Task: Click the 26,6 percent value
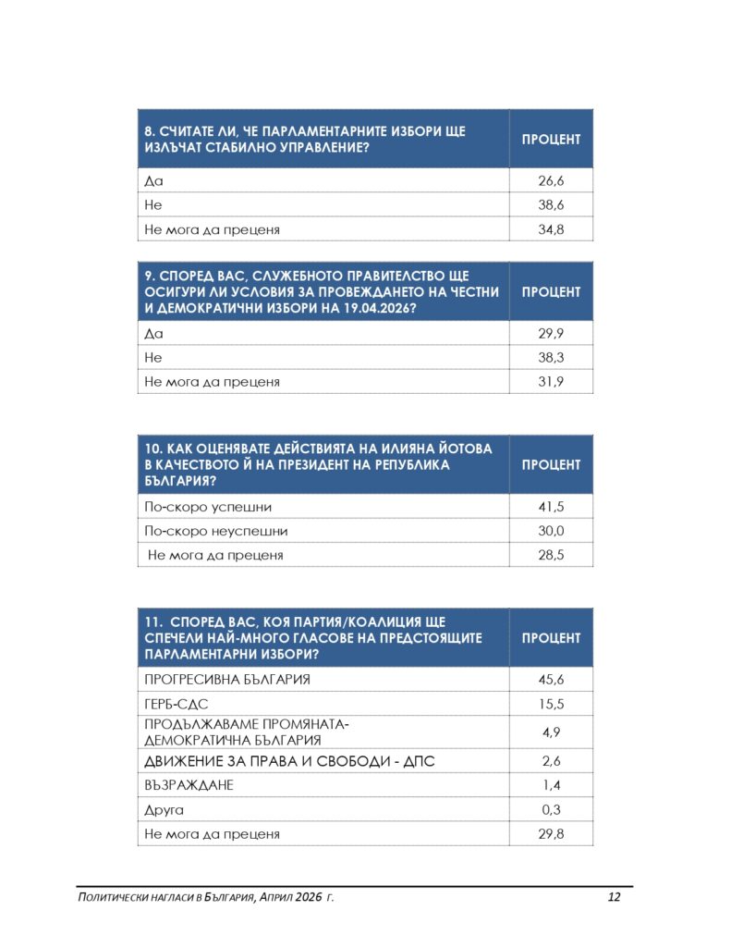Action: tap(551, 181)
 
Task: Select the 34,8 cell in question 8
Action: tap(551, 229)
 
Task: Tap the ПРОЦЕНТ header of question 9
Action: tap(551, 291)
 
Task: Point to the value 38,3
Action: tap(551, 357)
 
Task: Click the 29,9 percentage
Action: tap(551, 333)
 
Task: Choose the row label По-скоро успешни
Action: tap(208, 507)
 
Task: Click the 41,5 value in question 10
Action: tap(551, 507)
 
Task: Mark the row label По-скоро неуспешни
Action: tap(216, 531)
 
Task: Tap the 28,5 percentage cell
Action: tap(551, 555)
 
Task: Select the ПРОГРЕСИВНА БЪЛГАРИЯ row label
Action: tap(227, 680)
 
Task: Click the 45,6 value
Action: tap(551, 680)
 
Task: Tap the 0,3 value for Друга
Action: tap(551, 810)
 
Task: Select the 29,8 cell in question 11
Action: tap(551, 834)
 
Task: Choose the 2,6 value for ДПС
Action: tap(551, 761)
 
